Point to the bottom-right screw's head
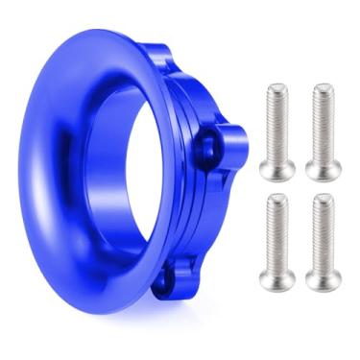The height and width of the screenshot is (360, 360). [x=324, y=280]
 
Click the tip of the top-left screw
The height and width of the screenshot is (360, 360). [x=275, y=88]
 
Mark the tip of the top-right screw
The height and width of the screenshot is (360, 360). [x=324, y=88]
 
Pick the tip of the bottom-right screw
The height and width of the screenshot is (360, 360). [x=324, y=198]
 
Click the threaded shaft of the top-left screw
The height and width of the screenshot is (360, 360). [x=275, y=125]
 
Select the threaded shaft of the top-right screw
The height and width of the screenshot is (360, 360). [x=324, y=125]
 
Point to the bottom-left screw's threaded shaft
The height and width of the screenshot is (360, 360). [x=275, y=235]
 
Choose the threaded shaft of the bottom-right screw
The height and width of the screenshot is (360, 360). [x=324, y=235]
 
